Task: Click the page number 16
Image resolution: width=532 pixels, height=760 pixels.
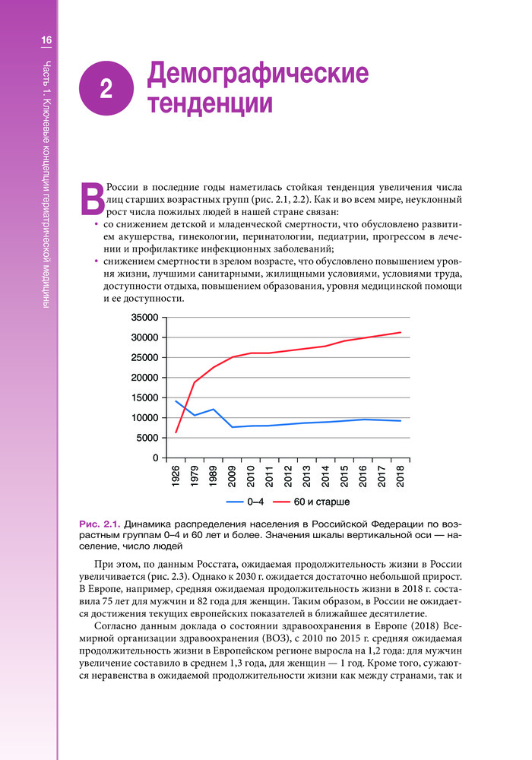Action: click(46, 40)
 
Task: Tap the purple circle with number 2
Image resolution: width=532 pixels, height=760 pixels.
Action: click(106, 90)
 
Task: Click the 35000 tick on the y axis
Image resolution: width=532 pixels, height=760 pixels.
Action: click(144, 318)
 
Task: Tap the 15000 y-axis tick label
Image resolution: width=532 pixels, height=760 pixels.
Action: click(144, 397)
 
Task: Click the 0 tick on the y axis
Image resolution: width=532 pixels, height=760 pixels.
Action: click(155, 458)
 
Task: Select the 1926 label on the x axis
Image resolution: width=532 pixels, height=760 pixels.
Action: click(176, 477)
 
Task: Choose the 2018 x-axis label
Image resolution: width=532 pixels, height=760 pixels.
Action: click(401, 477)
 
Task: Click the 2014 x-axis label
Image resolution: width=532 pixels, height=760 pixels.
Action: click(326, 477)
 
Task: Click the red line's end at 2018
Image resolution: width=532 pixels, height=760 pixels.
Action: click(401, 332)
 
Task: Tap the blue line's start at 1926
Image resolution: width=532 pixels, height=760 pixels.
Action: click(176, 401)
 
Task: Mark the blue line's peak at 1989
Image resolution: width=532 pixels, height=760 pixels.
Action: click(214, 409)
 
